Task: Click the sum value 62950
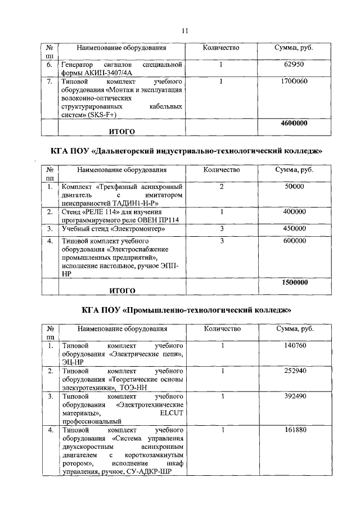pos(294,65)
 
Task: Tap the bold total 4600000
pos(294,123)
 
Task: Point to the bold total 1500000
pos(294,282)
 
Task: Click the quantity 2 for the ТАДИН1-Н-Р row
pos(222,186)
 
